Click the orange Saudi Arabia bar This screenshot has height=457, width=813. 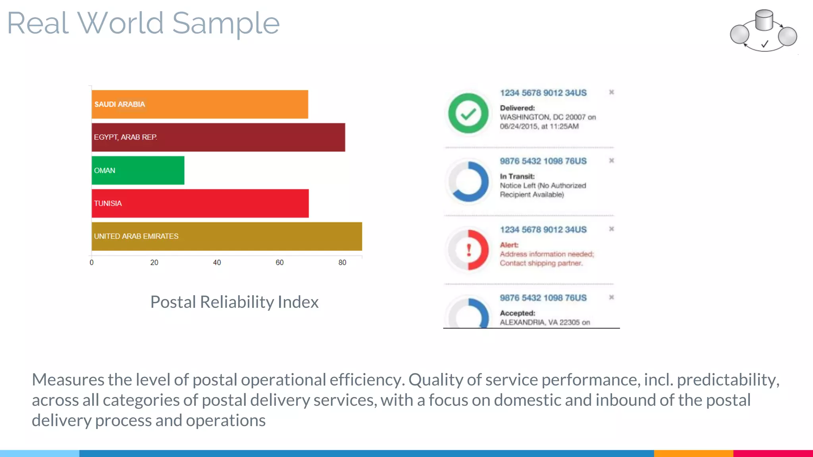[200, 104]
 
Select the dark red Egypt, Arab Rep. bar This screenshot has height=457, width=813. [218, 137]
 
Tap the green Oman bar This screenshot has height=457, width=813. [138, 170]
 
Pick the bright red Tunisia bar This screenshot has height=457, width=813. [200, 204]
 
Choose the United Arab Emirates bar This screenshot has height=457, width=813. [227, 236]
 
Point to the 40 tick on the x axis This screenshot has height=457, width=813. [217, 262]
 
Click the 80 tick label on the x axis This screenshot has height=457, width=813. [342, 262]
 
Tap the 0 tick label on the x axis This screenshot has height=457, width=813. [92, 262]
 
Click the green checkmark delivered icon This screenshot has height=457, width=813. [468, 113]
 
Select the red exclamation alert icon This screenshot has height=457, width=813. [468, 250]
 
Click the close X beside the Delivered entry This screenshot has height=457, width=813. [611, 92]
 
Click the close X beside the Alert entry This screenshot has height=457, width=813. [611, 229]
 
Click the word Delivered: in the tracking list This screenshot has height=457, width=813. [517, 108]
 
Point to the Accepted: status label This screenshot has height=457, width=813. [517, 313]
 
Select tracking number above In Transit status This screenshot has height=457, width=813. [543, 161]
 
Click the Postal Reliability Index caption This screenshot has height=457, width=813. [234, 302]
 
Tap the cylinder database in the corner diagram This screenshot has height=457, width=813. [764, 20]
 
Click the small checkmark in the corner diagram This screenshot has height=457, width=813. [765, 44]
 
